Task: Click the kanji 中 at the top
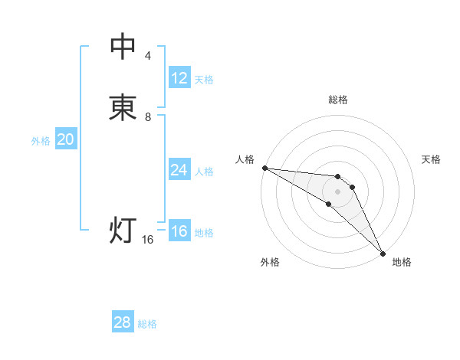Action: click(123, 47)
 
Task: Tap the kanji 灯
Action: click(123, 230)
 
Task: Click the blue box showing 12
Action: click(179, 78)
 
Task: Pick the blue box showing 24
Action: click(179, 170)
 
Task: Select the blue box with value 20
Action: click(66, 139)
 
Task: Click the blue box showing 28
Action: click(123, 322)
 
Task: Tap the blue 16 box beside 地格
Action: click(179, 231)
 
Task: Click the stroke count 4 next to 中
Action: click(147, 56)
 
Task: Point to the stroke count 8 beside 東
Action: click(148, 117)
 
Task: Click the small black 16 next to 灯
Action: click(148, 240)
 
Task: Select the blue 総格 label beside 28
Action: click(147, 324)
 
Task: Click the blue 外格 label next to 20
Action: click(41, 141)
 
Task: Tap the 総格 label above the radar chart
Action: click(338, 100)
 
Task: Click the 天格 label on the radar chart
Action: click(431, 159)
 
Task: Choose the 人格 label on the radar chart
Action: click(245, 159)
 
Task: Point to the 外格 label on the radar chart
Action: click(270, 262)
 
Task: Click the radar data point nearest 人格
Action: click(264, 168)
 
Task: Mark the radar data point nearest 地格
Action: click(383, 253)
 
